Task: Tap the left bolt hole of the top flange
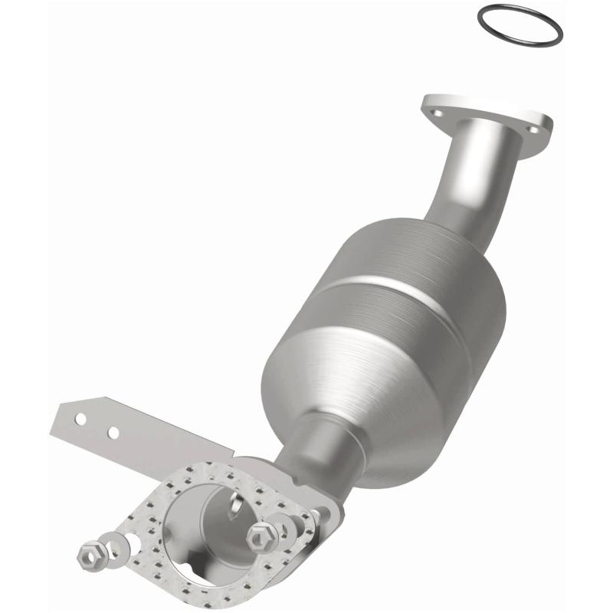tap(438, 113)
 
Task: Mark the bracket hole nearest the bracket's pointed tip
tap(80, 418)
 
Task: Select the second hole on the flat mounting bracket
tap(113, 433)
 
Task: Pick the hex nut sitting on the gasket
tap(259, 537)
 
